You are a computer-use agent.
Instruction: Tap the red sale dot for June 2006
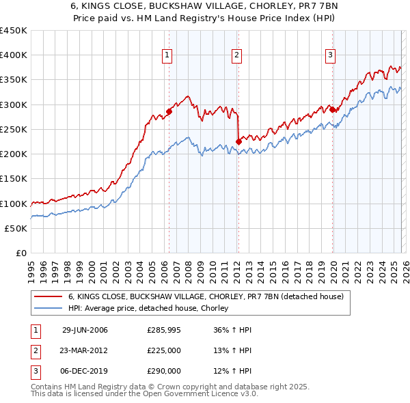click(169, 112)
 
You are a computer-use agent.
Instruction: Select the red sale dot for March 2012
click(238, 141)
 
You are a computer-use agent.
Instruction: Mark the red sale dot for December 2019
click(332, 109)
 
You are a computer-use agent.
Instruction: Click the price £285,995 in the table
click(164, 330)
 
